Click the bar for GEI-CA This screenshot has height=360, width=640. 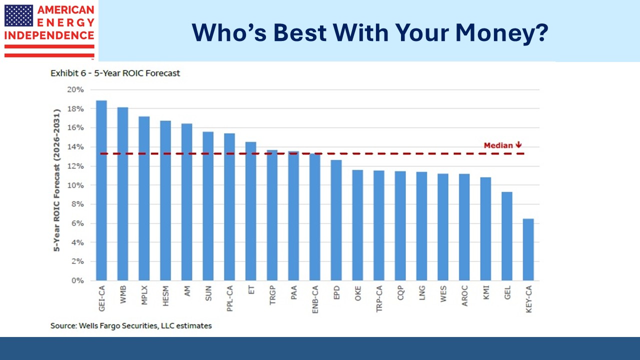101,190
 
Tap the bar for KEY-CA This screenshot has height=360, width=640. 528,249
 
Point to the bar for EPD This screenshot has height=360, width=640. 336,220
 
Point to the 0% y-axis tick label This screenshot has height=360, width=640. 78,280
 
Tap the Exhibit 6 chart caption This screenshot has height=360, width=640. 115,73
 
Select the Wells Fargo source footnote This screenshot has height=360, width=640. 131,325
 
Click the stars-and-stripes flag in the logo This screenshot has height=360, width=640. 18,15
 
